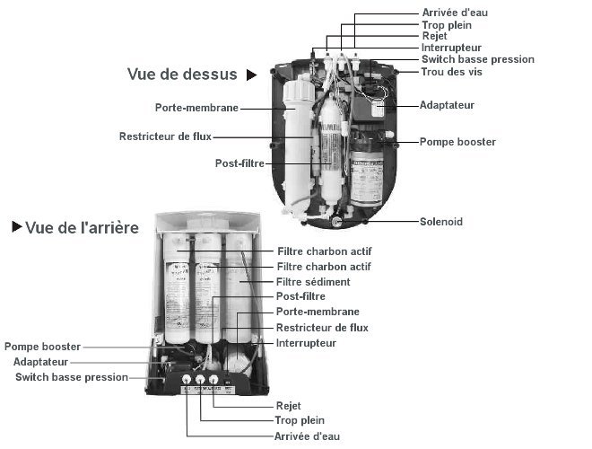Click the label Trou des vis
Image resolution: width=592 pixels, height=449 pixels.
pyautogui.click(x=451, y=72)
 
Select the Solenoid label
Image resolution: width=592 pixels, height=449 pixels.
pyautogui.click(x=441, y=221)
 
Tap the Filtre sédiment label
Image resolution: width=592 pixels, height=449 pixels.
pyautogui.click(x=312, y=281)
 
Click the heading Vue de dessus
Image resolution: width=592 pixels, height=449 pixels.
pyautogui.click(x=182, y=75)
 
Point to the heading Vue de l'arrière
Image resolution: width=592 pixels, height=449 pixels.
pyautogui.click(x=82, y=228)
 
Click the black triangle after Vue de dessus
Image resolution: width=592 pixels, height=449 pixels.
pyautogui.click(x=252, y=75)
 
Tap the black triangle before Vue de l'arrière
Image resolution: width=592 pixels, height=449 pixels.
pyautogui.click(x=16, y=228)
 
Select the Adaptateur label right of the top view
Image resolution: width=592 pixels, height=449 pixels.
pyautogui.click(x=447, y=105)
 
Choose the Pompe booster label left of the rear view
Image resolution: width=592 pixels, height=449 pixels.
pyautogui.click(x=42, y=346)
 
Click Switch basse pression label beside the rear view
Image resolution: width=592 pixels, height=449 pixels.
pyautogui.click(x=72, y=377)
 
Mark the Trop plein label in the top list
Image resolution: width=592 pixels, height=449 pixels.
pyautogui.click(x=447, y=24)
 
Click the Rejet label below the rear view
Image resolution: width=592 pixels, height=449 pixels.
pyautogui.click(x=288, y=405)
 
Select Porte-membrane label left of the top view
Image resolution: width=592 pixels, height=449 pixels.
pyautogui.click(x=196, y=108)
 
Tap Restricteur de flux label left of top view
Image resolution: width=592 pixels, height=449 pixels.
pyautogui.click(x=167, y=136)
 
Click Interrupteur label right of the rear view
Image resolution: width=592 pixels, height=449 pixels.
pyautogui.click(x=306, y=343)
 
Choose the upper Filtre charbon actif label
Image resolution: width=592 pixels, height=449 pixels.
pyautogui.click(x=323, y=251)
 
